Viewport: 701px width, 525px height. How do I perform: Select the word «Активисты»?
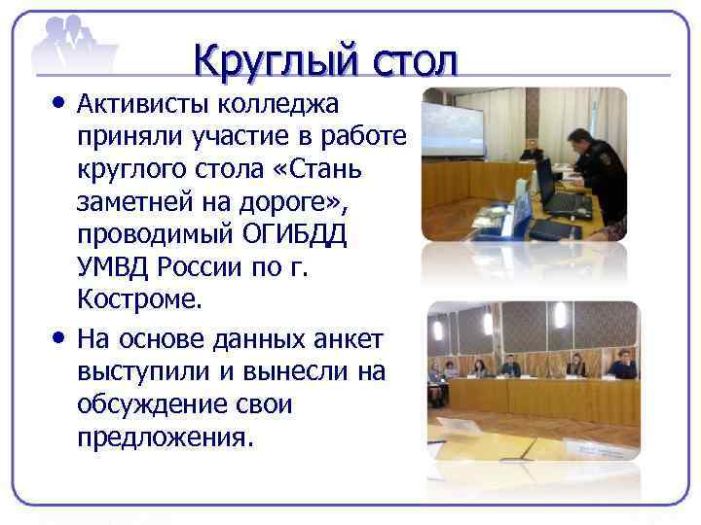142,102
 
